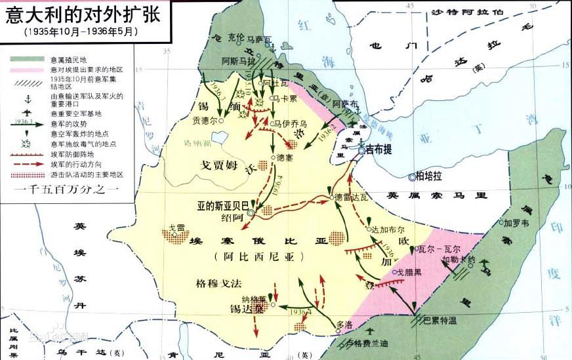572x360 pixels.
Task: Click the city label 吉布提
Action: click(x=378, y=150)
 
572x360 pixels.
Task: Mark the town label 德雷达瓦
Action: click(x=352, y=197)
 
